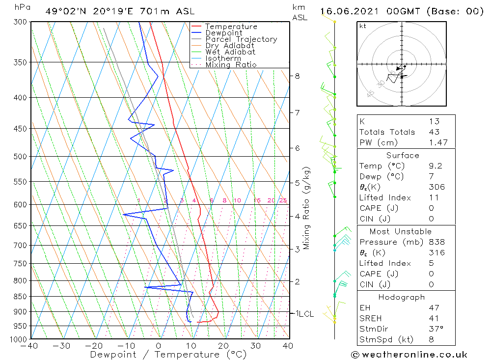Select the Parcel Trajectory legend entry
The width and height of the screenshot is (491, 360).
pyautogui.click(x=241, y=39)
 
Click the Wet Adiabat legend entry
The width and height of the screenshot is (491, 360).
pyautogui.click(x=230, y=52)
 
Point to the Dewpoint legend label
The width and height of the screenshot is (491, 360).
pyautogui.click(x=224, y=33)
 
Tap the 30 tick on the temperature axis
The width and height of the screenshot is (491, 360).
pyautogui.click(x=255, y=346)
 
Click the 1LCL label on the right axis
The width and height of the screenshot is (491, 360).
pyautogui.click(x=304, y=314)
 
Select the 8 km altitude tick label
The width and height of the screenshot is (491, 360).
pyautogui.click(x=297, y=76)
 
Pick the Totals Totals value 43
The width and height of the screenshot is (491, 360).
pyautogui.click(x=434, y=132)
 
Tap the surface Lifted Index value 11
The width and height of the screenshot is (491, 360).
pyautogui.click(x=432, y=197)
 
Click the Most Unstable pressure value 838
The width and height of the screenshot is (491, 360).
pyautogui.click(x=436, y=242)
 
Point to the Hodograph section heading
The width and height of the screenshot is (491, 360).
pyautogui.click(x=406, y=297)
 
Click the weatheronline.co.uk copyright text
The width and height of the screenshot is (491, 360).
pyautogui.click(x=409, y=355)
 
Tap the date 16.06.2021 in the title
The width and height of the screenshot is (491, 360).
pyautogui.click(x=348, y=11)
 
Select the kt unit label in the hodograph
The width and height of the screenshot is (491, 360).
pyautogui.click(x=363, y=26)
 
